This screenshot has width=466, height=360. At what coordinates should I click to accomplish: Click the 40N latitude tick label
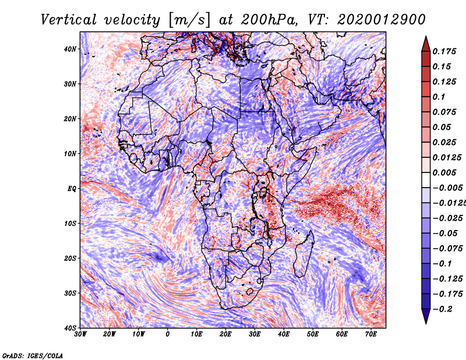(70, 49)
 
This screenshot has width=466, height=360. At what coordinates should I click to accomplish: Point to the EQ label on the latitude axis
(72, 189)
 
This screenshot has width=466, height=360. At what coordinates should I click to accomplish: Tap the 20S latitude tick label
(70, 258)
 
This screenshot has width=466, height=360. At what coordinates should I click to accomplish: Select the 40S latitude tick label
(70, 328)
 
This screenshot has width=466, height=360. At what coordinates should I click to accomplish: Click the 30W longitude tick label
(80, 334)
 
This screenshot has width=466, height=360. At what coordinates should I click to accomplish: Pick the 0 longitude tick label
(168, 334)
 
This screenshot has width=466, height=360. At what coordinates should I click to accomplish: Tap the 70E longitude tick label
(371, 334)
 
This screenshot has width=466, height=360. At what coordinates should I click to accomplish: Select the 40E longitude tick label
(284, 334)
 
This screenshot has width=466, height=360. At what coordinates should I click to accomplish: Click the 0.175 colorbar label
(444, 52)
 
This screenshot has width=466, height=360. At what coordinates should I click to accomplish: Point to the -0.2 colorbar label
(443, 309)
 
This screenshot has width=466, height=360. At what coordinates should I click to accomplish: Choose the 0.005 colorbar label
(444, 172)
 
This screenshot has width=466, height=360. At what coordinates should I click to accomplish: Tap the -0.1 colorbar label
(443, 264)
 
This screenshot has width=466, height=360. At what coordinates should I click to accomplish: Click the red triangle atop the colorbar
(426, 45)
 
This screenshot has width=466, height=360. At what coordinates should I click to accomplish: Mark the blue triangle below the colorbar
(426, 316)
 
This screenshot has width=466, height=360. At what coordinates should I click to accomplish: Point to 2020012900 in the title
(382, 20)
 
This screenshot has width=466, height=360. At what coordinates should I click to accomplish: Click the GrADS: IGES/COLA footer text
(33, 355)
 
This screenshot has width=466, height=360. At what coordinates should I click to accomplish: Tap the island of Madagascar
(303, 254)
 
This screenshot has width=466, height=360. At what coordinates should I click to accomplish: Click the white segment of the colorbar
(426, 180)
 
